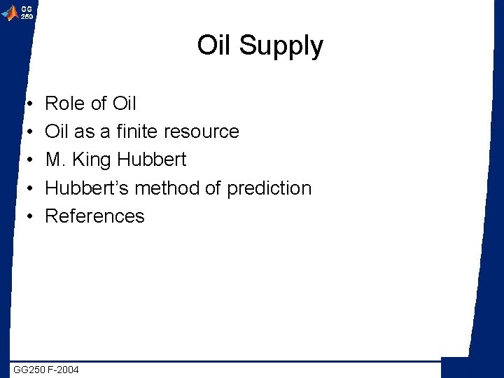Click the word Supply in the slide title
tap(281, 46)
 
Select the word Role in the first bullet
tap(65, 104)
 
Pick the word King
tap(91, 160)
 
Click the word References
tap(94, 216)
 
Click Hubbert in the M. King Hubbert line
tap(151, 160)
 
